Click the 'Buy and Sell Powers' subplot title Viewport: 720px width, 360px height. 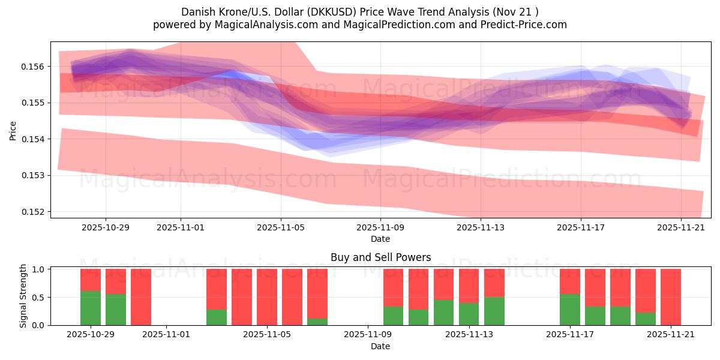380,257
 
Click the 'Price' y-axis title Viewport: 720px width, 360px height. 13,131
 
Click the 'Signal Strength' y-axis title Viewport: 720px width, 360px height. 23,296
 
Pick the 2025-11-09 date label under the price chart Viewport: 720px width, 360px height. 380,228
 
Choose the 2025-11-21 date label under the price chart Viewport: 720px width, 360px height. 681,228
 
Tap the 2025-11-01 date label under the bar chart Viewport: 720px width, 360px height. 166,335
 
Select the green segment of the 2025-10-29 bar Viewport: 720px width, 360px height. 91,308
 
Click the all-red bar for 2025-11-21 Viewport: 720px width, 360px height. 671,297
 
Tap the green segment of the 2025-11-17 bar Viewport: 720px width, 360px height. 570,310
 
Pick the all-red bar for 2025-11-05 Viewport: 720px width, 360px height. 267,297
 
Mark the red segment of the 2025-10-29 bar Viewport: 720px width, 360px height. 91,280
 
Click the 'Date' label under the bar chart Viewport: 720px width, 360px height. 380,346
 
